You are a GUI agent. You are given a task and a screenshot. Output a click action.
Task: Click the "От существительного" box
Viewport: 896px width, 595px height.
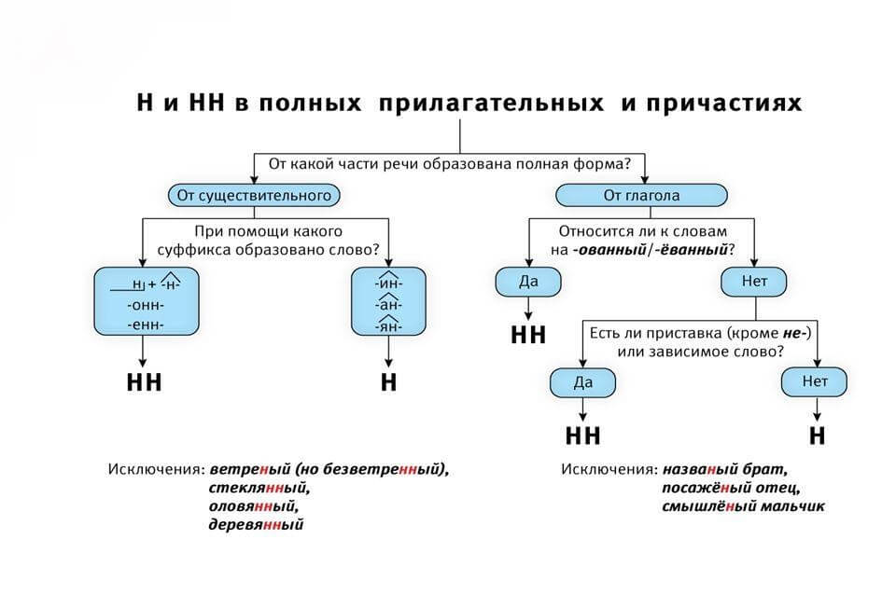point(254,196)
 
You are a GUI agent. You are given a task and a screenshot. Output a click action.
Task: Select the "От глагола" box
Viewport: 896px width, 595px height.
point(641,196)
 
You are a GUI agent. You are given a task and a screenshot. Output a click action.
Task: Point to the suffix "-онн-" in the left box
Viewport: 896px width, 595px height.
point(145,305)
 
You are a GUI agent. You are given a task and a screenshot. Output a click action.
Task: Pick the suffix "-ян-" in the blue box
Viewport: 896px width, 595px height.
point(388,325)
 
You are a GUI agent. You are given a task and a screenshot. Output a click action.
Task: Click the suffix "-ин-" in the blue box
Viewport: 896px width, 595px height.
point(388,283)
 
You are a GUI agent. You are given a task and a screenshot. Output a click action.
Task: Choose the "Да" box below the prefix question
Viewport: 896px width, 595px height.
point(582,382)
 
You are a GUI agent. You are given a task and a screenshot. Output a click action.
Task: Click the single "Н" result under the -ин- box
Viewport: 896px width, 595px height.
point(389,382)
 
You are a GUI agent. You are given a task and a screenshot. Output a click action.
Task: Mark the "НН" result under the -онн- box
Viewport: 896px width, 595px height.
point(144,382)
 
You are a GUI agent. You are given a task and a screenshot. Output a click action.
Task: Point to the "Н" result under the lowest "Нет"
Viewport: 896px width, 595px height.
point(817,436)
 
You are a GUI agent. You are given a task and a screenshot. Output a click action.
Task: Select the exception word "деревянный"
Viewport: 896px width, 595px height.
point(258,525)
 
